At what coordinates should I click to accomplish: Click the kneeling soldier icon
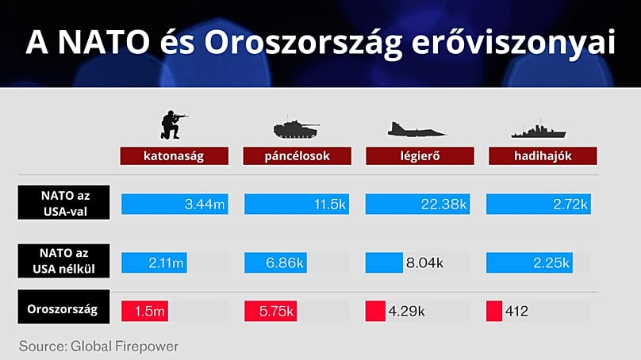click(x=174, y=124)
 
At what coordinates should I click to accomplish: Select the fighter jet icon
click(x=419, y=129)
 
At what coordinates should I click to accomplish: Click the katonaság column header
click(x=174, y=155)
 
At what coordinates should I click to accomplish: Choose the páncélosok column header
click(x=297, y=155)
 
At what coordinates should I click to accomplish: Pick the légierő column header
click(x=420, y=155)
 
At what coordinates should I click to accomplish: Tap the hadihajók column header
click(x=542, y=155)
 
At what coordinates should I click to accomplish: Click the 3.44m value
click(x=205, y=205)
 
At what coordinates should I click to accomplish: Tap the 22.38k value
click(x=446, y=205)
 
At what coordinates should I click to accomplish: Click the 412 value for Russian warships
click(x=516, y=312)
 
